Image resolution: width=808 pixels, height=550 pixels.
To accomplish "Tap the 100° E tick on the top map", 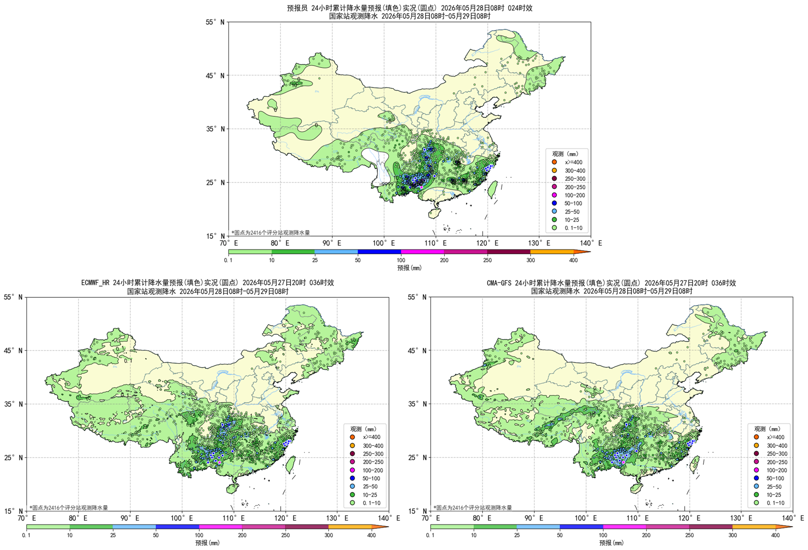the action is (x=384, y=243).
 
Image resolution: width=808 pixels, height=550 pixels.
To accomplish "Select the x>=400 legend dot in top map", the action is (x=554, y=162).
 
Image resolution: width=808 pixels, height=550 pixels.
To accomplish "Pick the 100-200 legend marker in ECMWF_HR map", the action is (x=352, y=470).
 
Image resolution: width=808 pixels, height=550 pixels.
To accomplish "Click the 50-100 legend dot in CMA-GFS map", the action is (x=756, y=478).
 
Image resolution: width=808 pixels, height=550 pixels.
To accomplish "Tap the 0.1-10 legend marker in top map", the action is (x=554, y=228).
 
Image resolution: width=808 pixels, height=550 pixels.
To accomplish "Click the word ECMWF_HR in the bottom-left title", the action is (x=96, y=283).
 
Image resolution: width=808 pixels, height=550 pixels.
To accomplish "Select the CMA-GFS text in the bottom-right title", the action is (x=500, y=283).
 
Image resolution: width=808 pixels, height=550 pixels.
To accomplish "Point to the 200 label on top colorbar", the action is (x=444, y=260).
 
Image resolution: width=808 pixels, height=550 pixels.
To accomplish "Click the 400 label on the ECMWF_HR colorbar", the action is (x=372, y=535).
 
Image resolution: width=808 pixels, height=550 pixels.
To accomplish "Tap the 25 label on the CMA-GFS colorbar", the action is (x=517, y=535).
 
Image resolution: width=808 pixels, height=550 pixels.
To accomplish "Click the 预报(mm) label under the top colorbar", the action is (x=409, y=268).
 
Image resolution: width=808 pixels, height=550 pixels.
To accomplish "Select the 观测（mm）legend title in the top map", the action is (x=565, y=154).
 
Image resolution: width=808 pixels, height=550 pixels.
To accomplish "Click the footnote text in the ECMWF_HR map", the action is (x=69, y=507).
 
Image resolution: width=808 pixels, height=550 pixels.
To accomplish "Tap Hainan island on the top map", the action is (x=435, y=213).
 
